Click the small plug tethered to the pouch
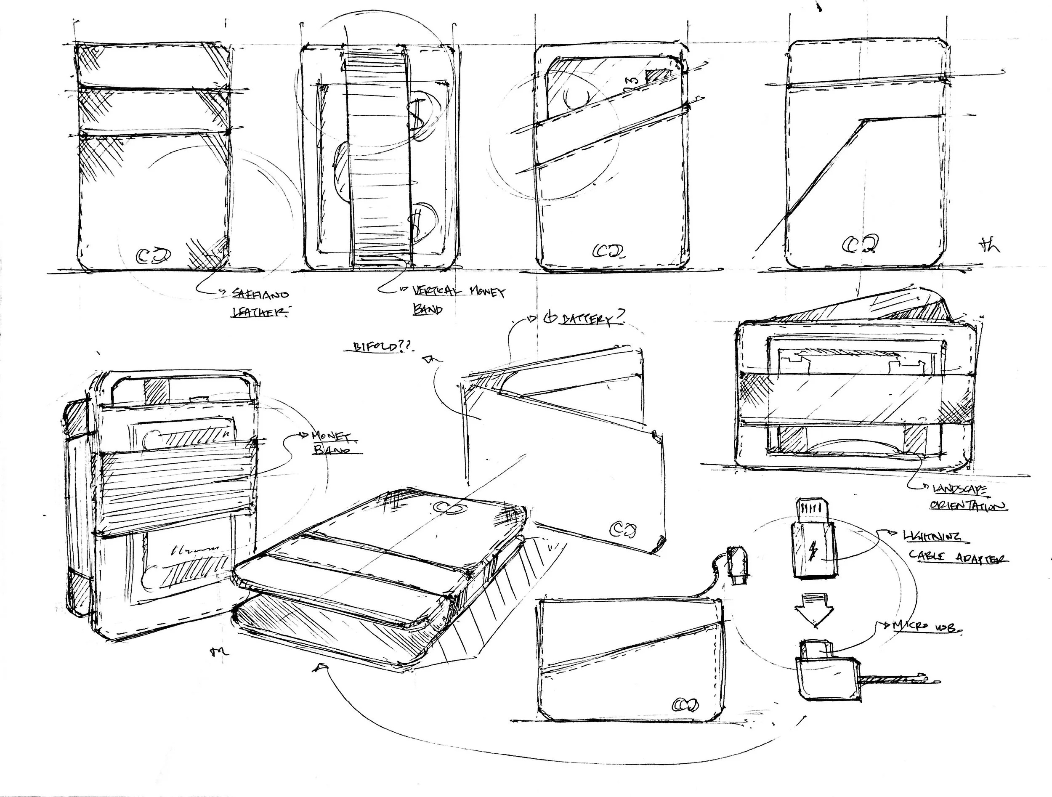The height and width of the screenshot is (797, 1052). point(738,566)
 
